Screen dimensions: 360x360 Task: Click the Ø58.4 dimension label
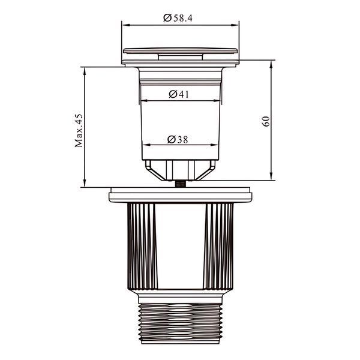[x=178, y=18]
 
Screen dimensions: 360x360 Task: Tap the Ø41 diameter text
[x=179, y=94]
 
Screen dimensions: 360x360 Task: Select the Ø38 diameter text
[x=178, y=139]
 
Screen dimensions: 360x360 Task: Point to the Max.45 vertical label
[x=79, y=130]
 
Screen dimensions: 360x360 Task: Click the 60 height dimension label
[x=266, y=121]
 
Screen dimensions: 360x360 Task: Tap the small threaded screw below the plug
[x=180, y=184]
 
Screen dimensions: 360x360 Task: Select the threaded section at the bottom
[x=181, y=324]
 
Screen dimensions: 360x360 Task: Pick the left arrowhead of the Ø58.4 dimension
[x=126, y=25]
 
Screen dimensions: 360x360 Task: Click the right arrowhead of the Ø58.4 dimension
[x=235, y=25]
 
